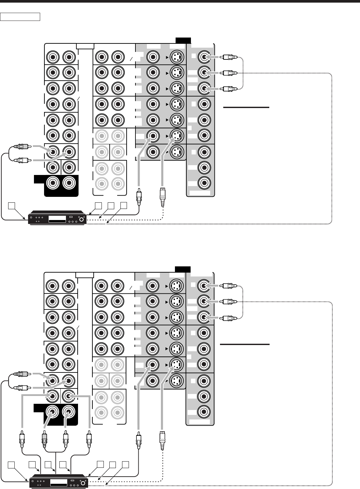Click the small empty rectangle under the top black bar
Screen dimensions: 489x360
20,17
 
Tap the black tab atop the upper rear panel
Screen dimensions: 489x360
183,40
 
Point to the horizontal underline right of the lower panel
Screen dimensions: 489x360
245,344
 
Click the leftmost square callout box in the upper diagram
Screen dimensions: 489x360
11,205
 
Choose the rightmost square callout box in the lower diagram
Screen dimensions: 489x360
124,464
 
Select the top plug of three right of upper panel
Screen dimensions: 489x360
227,57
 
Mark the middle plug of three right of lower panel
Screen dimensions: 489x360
227,301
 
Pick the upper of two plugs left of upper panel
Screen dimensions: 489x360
22,147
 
